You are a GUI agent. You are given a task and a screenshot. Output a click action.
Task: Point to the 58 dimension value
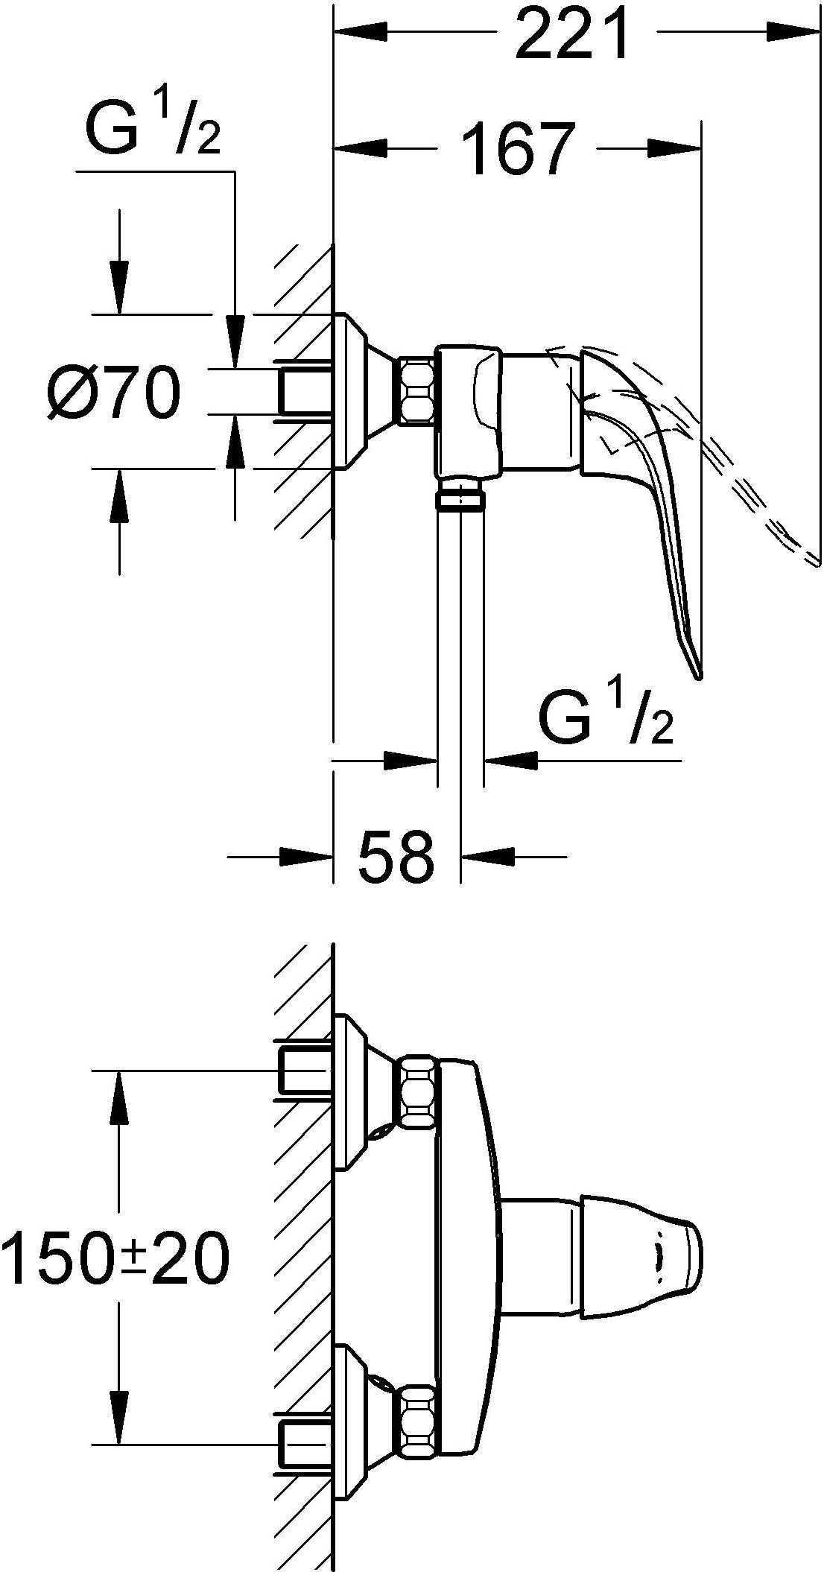coord(396,855)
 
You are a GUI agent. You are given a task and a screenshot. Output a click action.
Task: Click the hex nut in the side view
coord(417,391)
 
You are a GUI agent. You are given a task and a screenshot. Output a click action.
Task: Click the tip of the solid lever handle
coord(698,675)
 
